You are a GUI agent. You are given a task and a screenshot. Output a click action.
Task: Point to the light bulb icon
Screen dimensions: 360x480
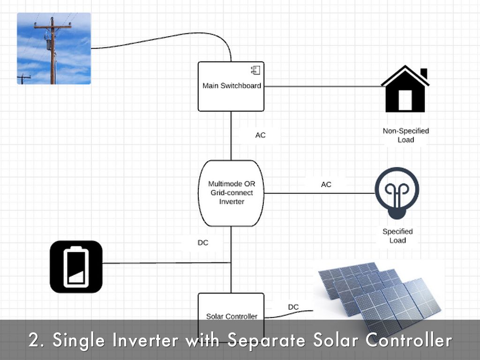(397, 192)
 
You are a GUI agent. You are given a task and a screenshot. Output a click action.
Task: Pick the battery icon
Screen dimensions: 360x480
(76, 266)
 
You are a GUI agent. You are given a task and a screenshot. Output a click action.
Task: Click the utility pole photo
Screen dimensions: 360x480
(54, 48)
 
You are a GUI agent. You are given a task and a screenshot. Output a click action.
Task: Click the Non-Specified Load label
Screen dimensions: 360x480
(405, 135)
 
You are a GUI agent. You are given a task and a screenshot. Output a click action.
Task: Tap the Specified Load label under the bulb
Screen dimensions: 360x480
(397, 236)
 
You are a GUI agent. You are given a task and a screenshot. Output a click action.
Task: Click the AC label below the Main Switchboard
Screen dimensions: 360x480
(260, 135)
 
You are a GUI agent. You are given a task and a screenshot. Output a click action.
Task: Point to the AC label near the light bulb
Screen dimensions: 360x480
(326, 185)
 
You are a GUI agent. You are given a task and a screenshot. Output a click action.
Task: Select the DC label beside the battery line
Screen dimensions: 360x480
(203, 243)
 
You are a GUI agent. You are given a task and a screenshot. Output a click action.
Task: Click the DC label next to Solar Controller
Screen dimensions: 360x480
(293, 307)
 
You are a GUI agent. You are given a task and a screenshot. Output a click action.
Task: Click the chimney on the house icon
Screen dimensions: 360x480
(424, 74)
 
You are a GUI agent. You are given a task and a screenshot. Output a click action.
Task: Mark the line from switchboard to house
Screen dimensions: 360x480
(323, 86)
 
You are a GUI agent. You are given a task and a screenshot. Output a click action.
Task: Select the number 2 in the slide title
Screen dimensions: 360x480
(33, 341)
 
